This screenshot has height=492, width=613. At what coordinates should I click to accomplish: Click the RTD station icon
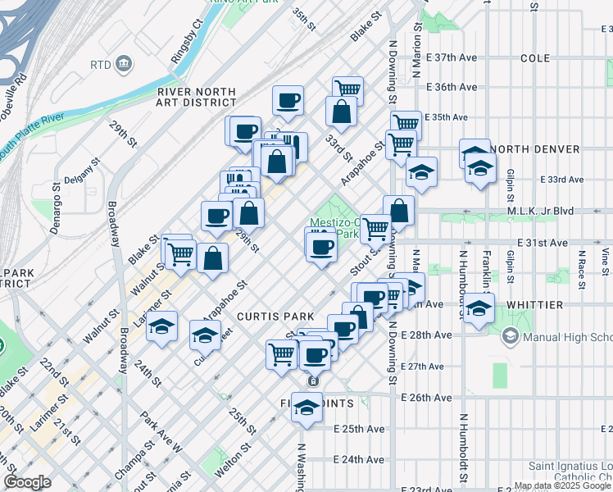click(x=124, y=64)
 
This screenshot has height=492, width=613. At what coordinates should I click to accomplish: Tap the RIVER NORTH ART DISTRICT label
click(x=197, y=97)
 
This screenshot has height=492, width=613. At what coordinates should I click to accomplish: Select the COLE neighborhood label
click(x=535, y=59)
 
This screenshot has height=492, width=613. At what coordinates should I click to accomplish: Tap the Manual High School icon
click(x=511, y=336)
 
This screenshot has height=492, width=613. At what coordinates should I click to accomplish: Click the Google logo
click(x=27, y=482)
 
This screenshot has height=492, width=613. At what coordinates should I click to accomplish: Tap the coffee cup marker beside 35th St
click(x=288, y=101)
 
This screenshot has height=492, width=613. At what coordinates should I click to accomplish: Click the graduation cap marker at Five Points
click(x=306, y=408)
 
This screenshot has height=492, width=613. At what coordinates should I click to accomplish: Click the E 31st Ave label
click(x=543, y=244)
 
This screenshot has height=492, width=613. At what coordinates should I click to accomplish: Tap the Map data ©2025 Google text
click(x=562, y=485)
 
